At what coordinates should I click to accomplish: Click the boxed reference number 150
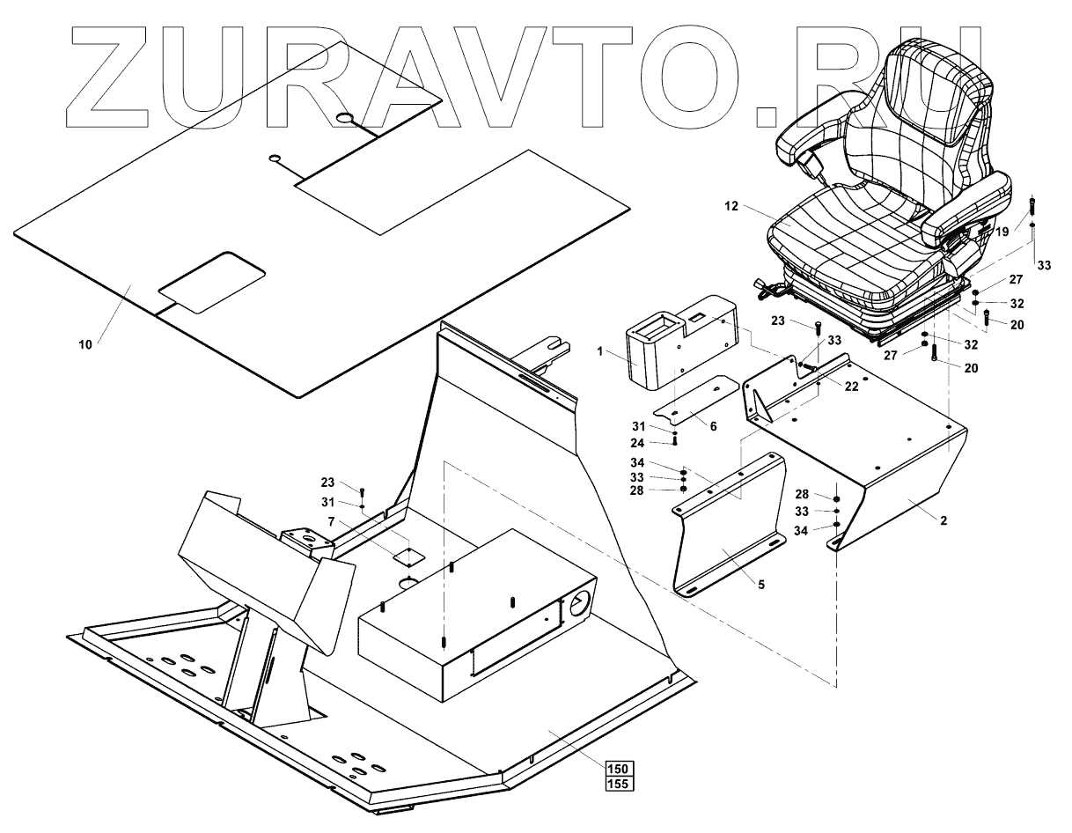pos(619,766)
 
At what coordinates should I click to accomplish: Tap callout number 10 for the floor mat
pos(85,343)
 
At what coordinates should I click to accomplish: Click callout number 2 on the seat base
pos(943,520)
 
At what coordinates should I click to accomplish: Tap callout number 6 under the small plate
pos(713,425)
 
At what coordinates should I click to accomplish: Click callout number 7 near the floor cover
pos(330,522)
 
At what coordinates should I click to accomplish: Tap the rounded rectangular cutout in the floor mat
pos(212,281)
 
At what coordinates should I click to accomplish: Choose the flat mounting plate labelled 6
pos(695,400)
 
